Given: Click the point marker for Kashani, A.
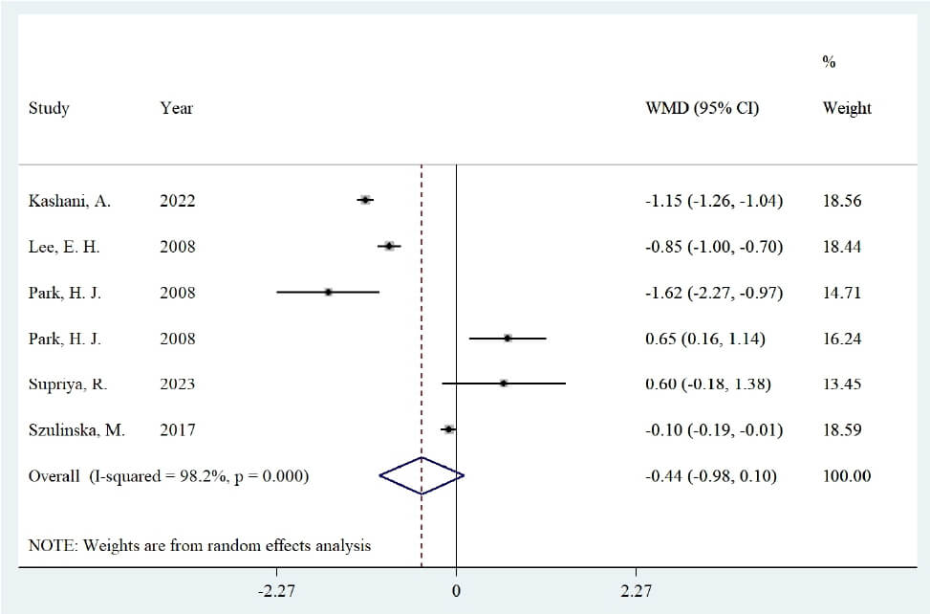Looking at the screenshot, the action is point(365,200).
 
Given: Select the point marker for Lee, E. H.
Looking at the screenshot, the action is point(389,246).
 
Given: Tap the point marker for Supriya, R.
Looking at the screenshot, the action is point(504,384).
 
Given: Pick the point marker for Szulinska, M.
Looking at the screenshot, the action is point(449,428).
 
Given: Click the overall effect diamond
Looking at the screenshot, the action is point(422,475).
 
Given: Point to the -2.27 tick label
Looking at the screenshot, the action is point(276,591).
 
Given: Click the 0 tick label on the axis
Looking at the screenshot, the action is point(456,591).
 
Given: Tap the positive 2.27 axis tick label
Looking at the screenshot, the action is point(636,591).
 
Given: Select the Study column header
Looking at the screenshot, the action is point(49,109).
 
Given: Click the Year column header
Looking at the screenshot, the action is point(176,108).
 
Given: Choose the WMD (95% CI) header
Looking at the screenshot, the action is point(703,108).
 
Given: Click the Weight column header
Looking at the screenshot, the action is point(847,109).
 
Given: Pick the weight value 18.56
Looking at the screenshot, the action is point(842,201).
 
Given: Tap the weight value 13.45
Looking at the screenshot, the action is point(842,384).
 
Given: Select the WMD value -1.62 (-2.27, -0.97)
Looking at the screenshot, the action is point(714,293).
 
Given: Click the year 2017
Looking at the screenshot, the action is point(178,429).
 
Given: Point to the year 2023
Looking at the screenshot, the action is point(178,384).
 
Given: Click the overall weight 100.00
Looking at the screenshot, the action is point(847,475).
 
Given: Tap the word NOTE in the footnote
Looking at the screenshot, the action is point(53,545).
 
